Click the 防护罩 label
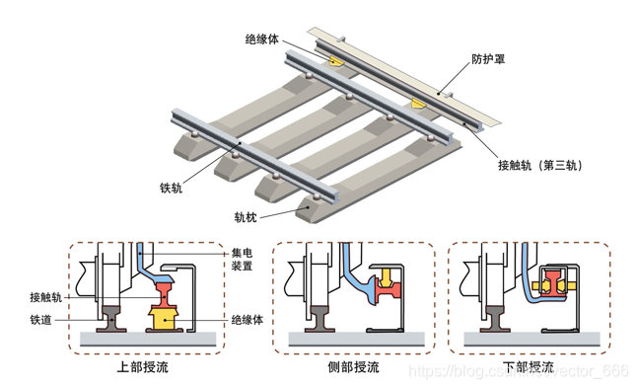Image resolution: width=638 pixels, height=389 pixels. pos(488,58)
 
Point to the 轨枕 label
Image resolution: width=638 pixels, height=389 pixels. pos(246,218)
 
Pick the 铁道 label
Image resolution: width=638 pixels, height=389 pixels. pos(41,320)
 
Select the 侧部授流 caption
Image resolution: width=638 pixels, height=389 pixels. pos(352,368)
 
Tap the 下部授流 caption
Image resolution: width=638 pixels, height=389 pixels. pos(529,368)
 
